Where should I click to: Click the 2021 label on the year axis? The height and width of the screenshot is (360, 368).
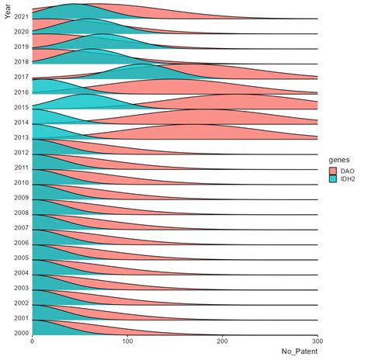21,16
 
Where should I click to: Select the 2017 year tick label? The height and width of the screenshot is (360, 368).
21,77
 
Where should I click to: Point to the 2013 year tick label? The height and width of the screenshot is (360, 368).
21,137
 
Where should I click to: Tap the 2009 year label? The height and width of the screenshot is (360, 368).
21,198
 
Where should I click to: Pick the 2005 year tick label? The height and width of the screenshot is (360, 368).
21,258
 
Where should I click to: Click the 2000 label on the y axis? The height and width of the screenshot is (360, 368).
21,333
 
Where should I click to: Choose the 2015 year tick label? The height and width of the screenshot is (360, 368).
21,107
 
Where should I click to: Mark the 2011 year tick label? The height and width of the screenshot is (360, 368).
21,168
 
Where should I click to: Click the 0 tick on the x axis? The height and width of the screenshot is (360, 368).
33,341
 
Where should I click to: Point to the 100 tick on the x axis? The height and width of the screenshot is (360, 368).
127,341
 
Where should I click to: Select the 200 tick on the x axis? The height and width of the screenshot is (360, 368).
223,341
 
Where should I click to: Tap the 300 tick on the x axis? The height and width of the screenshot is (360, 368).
318,341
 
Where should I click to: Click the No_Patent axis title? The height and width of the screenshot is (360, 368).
299,352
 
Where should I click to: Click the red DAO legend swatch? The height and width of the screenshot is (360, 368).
334,169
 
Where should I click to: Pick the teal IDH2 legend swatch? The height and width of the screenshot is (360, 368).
334,179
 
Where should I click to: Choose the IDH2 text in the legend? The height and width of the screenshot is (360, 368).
350,179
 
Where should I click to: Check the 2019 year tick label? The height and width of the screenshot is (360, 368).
21,47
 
